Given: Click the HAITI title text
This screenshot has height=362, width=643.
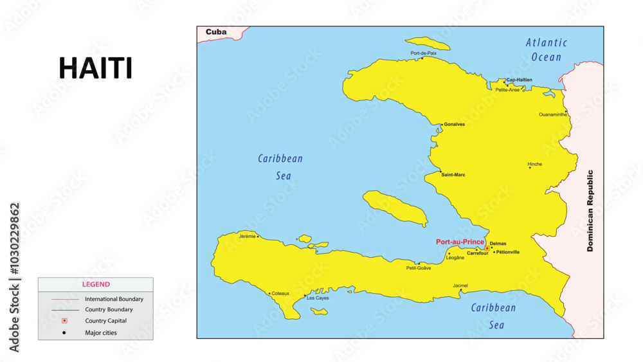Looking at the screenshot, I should [x=95, y=68].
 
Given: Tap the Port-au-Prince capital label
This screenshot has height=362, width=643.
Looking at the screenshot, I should [x=460, y=242].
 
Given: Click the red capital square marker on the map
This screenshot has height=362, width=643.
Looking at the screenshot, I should [x=487, y=248].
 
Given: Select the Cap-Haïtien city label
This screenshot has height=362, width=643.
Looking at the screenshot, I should [x=520, y=80].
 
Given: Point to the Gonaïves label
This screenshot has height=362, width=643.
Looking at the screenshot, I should [x=455, y=124].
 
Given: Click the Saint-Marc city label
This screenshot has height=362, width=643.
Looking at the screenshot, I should [x=453, y=174].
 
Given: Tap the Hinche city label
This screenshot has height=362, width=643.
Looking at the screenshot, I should [x=535, y=164].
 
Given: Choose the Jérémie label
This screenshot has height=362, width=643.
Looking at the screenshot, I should [x=247, y=236].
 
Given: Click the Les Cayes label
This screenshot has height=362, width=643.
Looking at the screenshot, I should [x=318, y=298].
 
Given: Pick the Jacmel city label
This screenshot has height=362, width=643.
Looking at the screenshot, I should [x=460, y=285].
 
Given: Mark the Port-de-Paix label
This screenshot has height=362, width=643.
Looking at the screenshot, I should [x=424, y=53].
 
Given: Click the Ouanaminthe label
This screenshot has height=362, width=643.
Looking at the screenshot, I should [x=553, y=114].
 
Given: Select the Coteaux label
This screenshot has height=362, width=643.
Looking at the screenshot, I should [x=280, y=293].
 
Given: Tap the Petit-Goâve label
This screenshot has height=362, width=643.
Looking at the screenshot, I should [x=419, y=268].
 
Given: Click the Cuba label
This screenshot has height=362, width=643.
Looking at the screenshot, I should [x=216, y=32].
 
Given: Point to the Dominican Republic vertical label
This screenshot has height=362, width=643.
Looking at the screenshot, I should [x=590, y=210].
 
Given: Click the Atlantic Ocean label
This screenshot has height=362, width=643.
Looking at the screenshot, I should [x=547, y=50].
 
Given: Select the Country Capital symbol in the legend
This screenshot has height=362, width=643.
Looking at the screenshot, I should [x=64, y=321].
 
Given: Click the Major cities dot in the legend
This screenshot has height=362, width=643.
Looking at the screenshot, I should [x=64, y=332].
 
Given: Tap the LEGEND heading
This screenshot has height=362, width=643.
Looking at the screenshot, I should [x=96, y=284].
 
